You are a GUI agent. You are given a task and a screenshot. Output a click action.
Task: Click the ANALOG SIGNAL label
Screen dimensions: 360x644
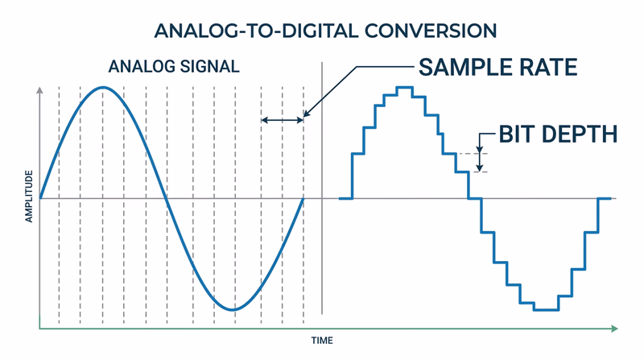[174, 67]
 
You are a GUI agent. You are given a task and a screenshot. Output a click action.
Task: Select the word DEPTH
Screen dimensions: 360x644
[579, 134]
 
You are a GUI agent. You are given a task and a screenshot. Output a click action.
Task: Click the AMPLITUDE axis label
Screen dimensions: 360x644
[29, 196]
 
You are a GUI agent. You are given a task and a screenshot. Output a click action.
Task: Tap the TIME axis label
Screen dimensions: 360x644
[322, 341]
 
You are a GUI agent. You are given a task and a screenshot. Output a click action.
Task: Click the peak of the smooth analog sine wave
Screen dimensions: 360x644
[102, 87]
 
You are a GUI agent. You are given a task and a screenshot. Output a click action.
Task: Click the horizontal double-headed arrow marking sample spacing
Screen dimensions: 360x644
[283, 120]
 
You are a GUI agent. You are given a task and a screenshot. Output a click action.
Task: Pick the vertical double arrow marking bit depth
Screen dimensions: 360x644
[481, 161]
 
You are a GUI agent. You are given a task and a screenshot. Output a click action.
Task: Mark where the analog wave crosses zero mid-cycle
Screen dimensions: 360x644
[167, 198]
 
